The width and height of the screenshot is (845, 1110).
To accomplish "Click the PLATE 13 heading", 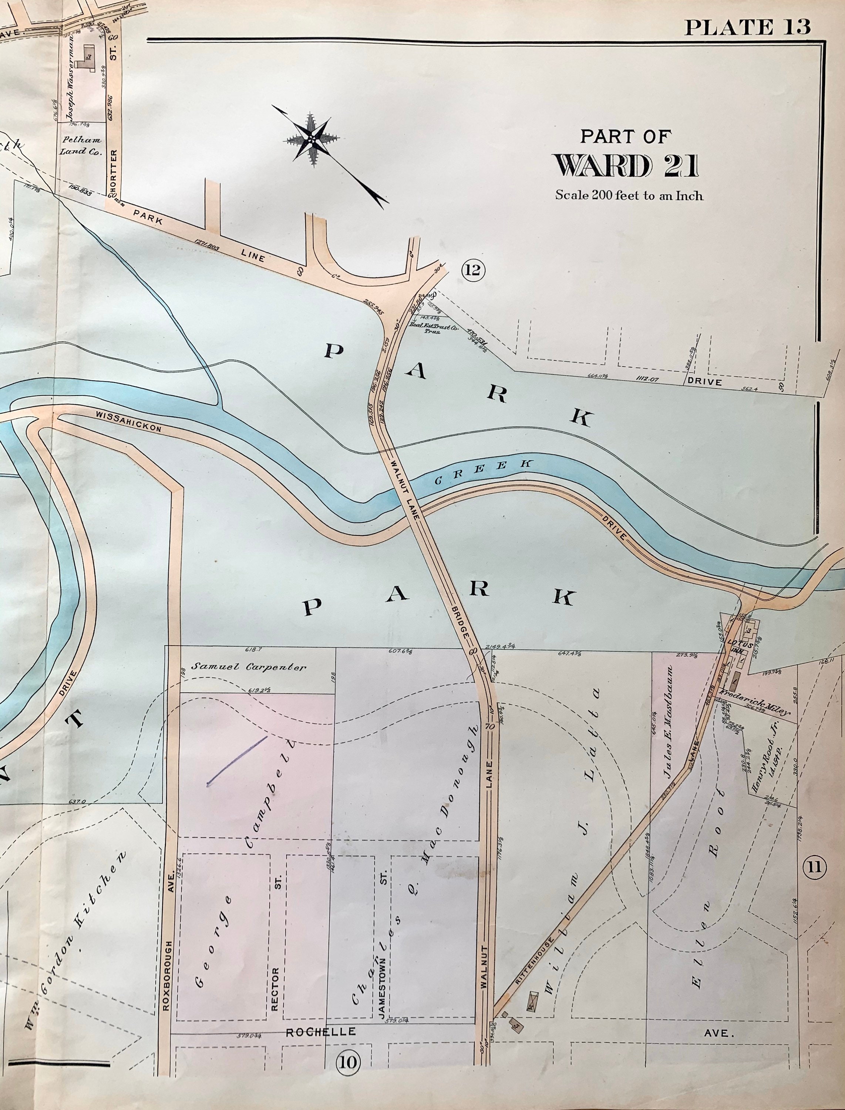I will (748, 26).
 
